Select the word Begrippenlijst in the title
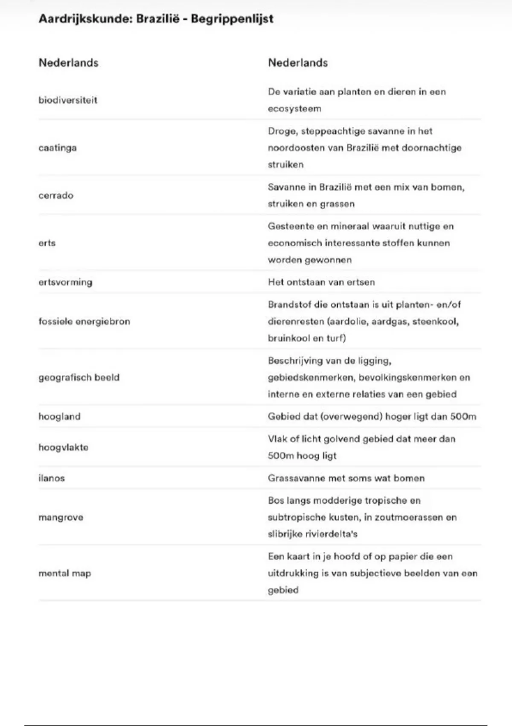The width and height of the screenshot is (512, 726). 232,19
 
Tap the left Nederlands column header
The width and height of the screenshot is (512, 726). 68,63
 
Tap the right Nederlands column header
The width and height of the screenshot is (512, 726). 298,63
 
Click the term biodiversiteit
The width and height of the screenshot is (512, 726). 68,100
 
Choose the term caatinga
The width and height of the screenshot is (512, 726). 58,148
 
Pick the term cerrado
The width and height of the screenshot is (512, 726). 56,196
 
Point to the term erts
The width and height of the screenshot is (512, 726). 47,243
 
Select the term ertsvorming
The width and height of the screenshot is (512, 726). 65,282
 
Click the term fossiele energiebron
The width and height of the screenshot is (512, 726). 84,322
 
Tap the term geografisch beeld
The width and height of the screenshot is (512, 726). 79,378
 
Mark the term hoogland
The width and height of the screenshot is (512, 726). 59,417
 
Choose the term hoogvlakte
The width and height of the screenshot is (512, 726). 63,448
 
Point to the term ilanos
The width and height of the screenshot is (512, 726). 52,478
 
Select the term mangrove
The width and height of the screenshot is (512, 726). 61,518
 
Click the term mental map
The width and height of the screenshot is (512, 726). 64,574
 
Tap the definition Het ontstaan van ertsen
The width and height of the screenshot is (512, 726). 321,282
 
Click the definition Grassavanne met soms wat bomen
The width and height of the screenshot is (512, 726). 346,478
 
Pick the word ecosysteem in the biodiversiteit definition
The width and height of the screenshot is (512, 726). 294,109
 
